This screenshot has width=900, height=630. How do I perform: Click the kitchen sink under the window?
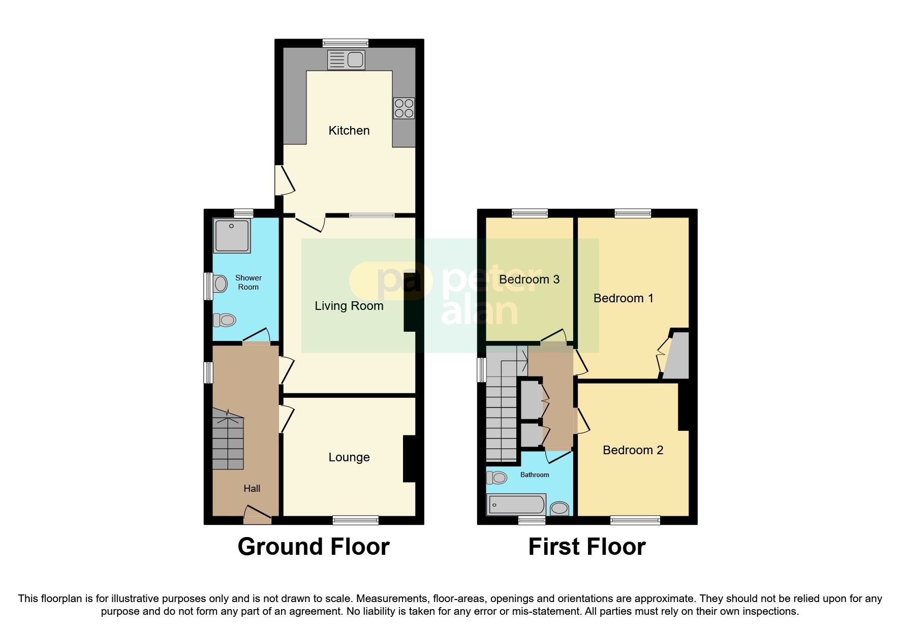click(x=346, y=60)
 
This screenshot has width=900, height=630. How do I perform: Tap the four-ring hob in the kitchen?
click(x=404, y=108)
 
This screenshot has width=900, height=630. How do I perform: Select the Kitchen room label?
click(x=349, y=131)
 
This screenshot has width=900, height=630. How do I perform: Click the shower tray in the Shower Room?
click(x=232, y=236)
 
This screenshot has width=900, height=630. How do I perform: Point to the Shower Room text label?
click(x=248, y=282)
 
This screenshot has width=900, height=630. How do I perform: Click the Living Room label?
click(x=349, y=306)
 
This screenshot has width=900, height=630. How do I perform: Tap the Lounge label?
click(x=349, y=457)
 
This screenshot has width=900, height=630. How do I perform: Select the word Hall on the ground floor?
click(x=252, y=489)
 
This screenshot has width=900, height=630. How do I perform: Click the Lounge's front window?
click(x=355, y=520)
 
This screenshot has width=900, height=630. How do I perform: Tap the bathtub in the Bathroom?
click(x=516, y=505)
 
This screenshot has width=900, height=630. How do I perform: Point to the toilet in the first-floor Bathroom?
click(x=497, y=478)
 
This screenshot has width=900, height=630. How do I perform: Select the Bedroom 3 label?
click(x=529, y=279)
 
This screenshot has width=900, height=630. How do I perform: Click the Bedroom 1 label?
click(x=623, y=298)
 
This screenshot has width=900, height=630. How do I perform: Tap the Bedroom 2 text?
click(x=633, y=450)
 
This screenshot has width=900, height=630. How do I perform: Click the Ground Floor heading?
click(x=313, y=547)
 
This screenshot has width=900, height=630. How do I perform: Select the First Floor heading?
click(x=586, y=547)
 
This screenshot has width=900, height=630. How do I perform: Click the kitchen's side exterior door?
click(x=283, y=180)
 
